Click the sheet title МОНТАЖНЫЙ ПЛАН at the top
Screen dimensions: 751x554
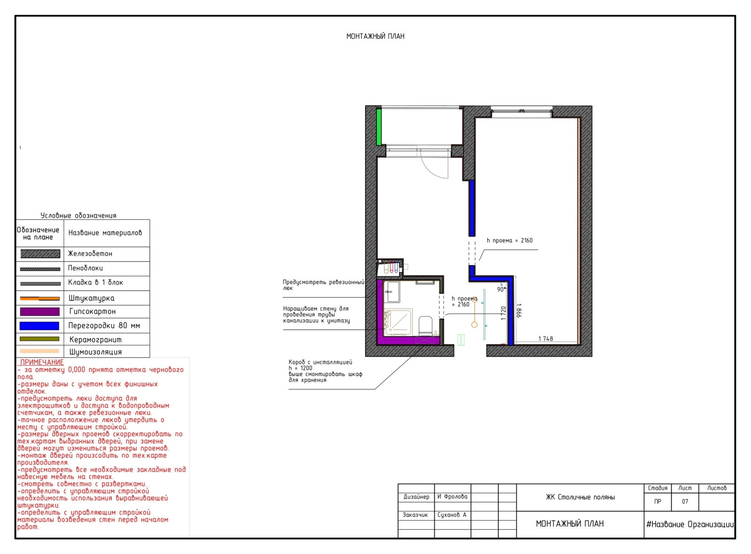(375, 36)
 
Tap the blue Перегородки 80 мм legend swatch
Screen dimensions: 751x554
(39, 326)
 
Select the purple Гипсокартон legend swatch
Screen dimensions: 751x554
(39, 312)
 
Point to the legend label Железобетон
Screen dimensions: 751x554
(90, 254)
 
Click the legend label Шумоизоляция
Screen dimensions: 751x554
(96, 352)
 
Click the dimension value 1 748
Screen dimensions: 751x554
(545, 339)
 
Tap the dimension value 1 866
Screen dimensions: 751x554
(519, 310)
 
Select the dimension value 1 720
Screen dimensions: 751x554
(503, 313)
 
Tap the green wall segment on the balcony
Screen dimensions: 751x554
(378, 127)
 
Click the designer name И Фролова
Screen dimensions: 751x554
(452, 497)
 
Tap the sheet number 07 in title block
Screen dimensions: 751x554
(685, 501)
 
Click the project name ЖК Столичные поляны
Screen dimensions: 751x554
(580, 497)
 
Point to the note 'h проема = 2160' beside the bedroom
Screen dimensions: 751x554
(510, 240)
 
